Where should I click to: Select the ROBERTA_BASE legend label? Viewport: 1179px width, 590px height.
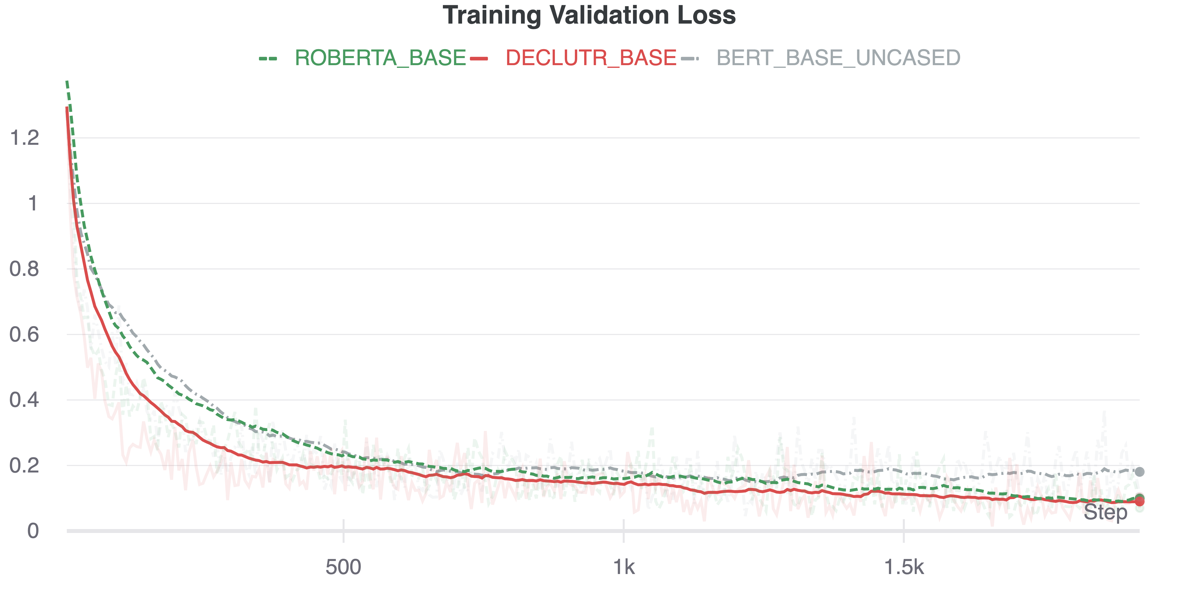click(x=380, y=58)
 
